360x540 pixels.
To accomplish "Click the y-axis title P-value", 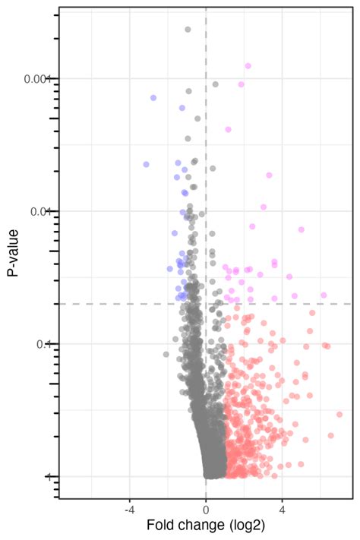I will [x=14, y=257].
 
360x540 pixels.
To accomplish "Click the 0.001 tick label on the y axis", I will [x=36, y=78].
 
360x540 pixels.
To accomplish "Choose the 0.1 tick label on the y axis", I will [x=43, y=344].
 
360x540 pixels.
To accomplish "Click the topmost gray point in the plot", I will [x=188, y=30].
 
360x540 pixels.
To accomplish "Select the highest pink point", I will [x=248, y=66].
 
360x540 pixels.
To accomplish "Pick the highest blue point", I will [x=153, y=98].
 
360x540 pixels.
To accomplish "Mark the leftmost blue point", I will [x=147, y=164].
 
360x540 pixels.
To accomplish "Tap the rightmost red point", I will [x=339, y=414].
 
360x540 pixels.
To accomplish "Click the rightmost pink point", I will [x=324, y=295].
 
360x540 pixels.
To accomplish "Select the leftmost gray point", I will [x=166, y=354].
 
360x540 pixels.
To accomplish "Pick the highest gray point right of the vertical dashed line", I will [x=216, y=84].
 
